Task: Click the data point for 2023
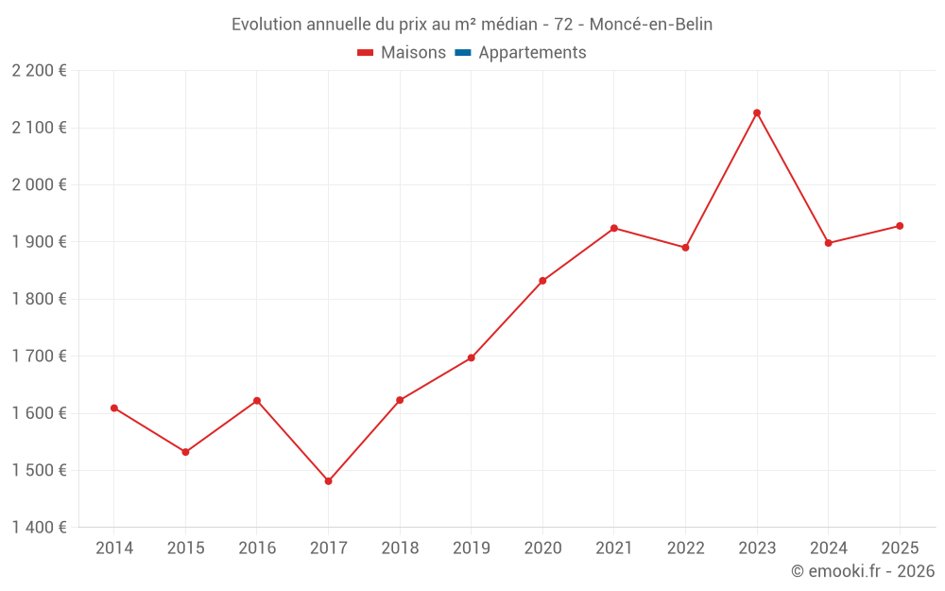(757, 113)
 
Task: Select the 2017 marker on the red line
(328, 481)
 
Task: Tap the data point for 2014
(114, 408)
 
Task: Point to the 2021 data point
(614, 228)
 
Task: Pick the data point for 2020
(542, 281)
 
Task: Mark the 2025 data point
(900, 226)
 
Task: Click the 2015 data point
(185, 452)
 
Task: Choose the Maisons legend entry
(413, 53)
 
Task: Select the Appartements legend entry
(532, 53)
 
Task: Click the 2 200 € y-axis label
(39, 71)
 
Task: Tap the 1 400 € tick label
(39, 528)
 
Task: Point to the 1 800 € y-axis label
(39, 299)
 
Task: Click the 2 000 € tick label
(39, 184)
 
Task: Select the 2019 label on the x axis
(471, 548)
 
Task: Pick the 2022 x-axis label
(685, 548)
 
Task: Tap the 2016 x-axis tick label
(257, 548)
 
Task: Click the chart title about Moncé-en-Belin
(472, 25)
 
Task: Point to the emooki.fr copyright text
(862, 571)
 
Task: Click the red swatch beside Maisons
(366, 53)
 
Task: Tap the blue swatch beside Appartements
(462, 53)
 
